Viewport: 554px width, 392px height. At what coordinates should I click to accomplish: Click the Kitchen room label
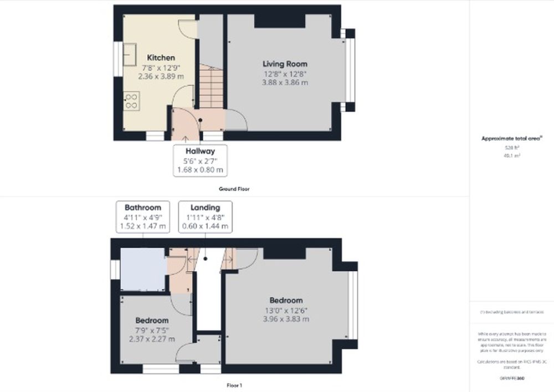pos(161,58)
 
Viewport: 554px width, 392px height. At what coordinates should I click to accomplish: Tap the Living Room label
pos(285,64)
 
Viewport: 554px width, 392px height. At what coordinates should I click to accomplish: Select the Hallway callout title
pos(201,151)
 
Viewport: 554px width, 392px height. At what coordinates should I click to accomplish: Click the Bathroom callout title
pos(142,208)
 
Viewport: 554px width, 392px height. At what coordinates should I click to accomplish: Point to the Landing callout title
pos(204,208)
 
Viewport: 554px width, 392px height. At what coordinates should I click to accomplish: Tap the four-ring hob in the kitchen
pos(132,100)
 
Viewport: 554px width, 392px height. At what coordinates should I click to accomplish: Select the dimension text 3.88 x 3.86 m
pos(285,82)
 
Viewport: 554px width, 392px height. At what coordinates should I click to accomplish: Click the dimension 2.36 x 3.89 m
pos(161,76)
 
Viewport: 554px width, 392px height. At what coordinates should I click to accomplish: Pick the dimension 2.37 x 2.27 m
pos(152,339)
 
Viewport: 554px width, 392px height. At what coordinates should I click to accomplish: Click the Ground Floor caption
pos(234,189)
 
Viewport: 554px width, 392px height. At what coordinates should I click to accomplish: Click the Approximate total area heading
pos(504,139)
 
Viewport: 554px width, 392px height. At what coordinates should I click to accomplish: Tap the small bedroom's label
pos(152,321)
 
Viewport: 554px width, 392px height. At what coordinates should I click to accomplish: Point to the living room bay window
pos(349,70)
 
